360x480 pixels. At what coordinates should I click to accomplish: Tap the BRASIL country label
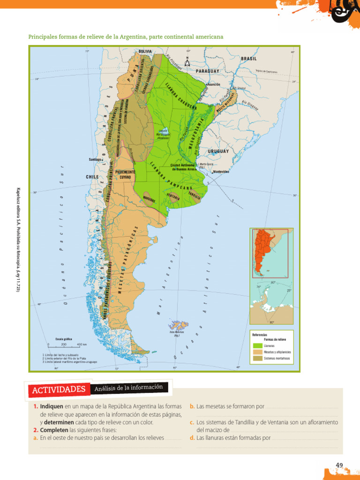[x=249, y=59]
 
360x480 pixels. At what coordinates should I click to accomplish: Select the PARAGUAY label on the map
[x=207, y=70]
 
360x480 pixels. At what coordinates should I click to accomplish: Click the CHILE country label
[x=92, y=177]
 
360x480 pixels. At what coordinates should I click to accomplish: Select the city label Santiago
[x=95, y=159]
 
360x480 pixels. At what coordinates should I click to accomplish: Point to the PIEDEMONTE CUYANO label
[x=125, y=175]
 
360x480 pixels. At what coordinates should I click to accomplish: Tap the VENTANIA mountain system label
[x=173, y=197]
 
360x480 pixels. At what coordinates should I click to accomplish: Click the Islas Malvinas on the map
[x=179, y=325]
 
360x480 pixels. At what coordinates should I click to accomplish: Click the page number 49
[x=340, y=465]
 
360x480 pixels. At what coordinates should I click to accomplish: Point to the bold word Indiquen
[x=51, y=406]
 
